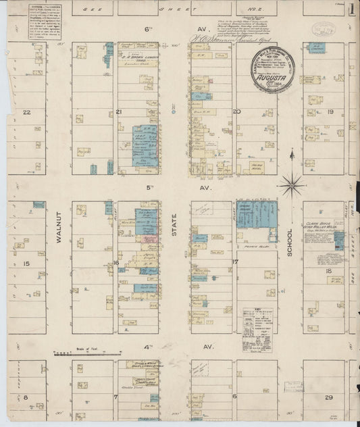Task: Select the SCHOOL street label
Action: [x=290, y=241]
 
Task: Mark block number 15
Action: [x=26, y=263]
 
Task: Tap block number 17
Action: [x=236, y=261]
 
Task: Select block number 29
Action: [x=329, y=397]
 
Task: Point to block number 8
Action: [x=26, y=397]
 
